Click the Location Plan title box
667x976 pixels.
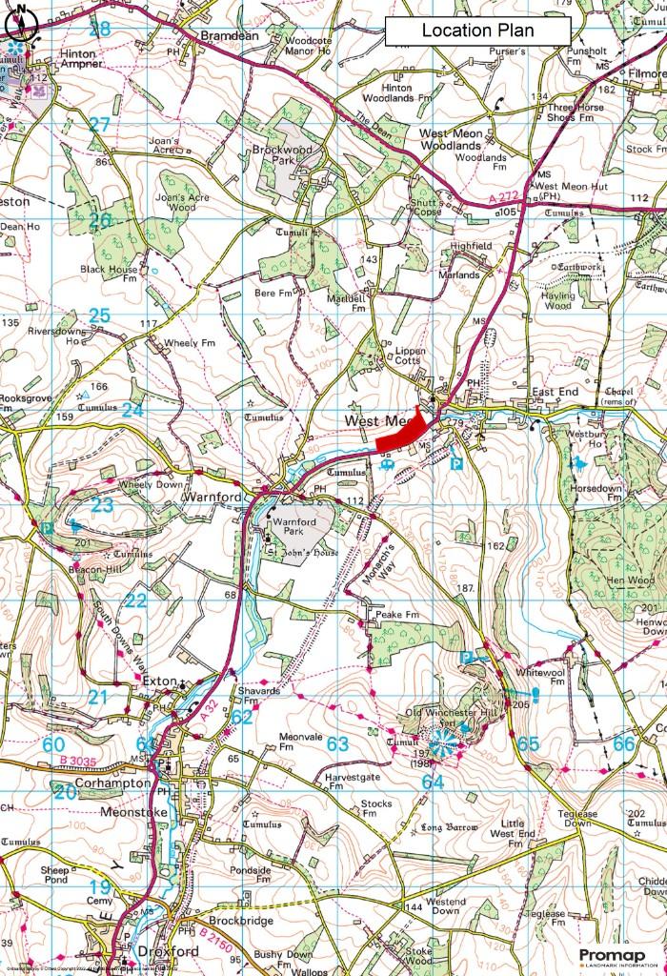477,30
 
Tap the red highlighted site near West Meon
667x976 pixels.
401,435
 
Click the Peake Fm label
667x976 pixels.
397,615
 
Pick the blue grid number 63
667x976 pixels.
337,743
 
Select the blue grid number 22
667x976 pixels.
136,600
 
